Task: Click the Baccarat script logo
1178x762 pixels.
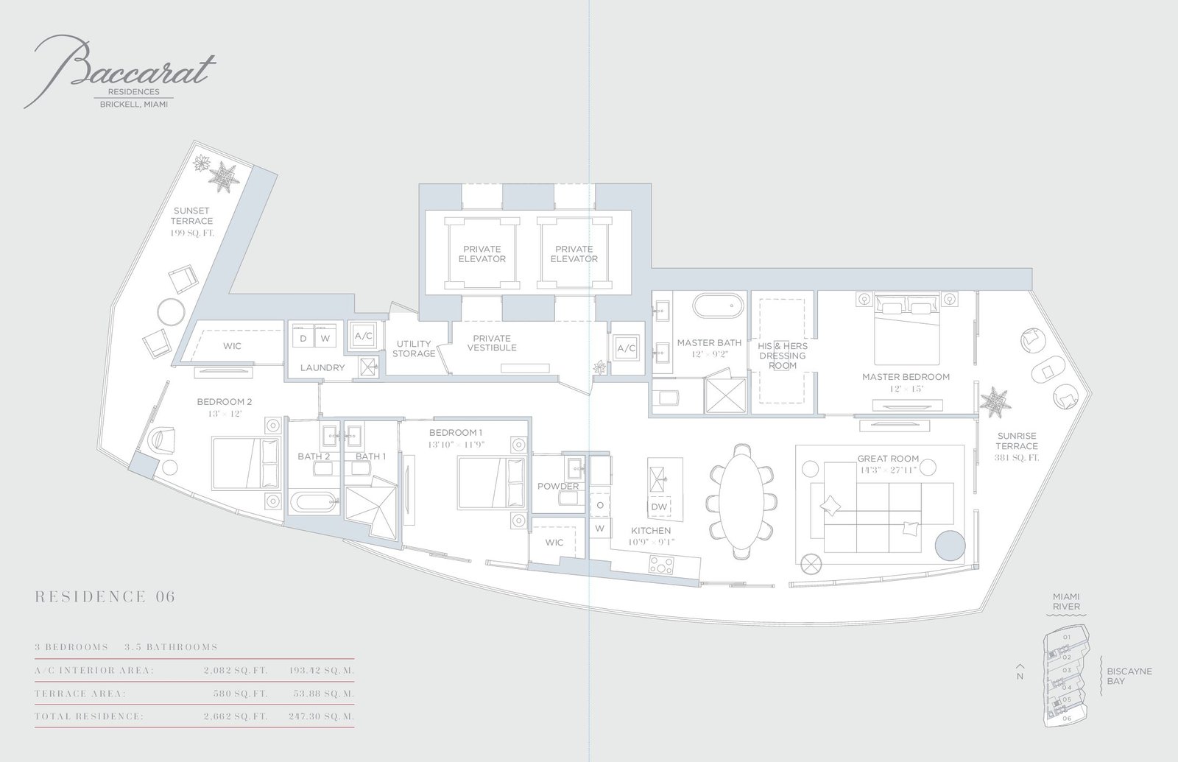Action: coord(120,71)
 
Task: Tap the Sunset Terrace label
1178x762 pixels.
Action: coord(191,216)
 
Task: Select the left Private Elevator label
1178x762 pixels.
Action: coord(482,254)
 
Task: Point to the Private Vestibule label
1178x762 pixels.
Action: coord(492,343)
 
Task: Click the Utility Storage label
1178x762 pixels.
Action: coord(414,349)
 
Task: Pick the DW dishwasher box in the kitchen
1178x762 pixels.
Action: coord(659,507)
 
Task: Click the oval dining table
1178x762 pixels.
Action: coord(741,500)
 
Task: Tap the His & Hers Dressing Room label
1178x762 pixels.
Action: coord(782,356)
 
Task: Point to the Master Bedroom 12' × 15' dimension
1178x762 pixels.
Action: coord(906,389)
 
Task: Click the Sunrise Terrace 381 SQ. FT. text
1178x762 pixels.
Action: coord(1017,457)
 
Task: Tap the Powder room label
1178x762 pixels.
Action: coord(558,486)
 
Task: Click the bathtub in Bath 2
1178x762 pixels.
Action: coord(314,502)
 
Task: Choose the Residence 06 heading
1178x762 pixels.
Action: coord(105,596)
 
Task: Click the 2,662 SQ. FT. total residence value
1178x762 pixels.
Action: coord(236,716)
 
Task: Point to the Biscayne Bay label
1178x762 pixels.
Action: coord(1129,676)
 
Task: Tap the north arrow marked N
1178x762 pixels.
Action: coord(1020,671)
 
